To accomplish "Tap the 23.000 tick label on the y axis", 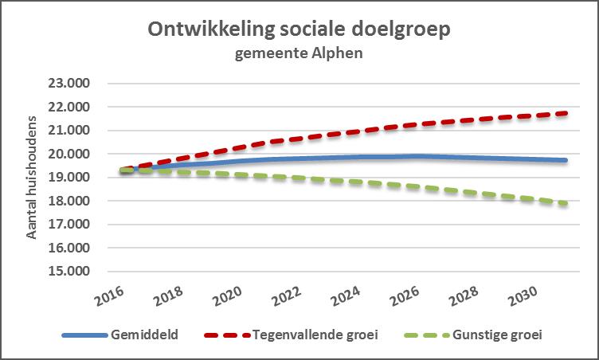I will [x=69, y=83].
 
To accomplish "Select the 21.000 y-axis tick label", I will [x=69, y=130].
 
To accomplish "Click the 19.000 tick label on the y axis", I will [x=69, y=177].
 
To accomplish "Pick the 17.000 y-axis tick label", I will [x=69, y=224].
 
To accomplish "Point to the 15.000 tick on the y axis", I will [x=69, y=271].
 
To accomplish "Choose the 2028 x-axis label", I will [x=462, y=299].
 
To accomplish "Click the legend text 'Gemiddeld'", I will [x=145, y=335].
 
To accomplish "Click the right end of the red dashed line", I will [x=566, y=113].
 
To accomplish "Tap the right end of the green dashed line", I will [x=566, y=203].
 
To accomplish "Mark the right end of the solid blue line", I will [x=566, y=160].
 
